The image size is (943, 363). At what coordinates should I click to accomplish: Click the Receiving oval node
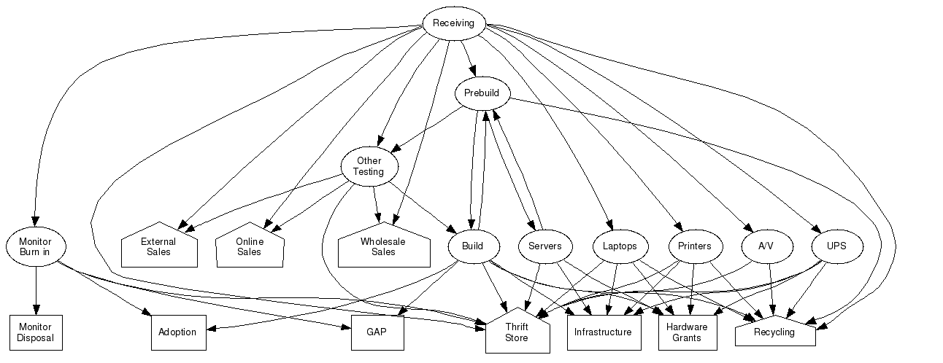(453, 23)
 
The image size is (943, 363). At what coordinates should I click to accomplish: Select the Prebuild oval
(482, 93)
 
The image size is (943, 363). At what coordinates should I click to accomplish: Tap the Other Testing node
(369, 167)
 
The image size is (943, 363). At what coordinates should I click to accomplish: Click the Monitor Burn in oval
(35, 246)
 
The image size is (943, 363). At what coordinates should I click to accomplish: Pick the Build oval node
(472, 246)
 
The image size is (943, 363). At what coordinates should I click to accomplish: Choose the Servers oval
(544, 246)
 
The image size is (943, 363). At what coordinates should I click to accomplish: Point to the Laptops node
(620, 246)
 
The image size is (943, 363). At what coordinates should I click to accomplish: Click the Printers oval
(694, 246)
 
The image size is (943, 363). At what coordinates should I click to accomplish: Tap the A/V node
(765, 246)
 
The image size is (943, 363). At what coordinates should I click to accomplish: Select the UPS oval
(836, 246)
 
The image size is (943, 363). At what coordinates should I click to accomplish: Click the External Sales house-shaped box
(158, 246)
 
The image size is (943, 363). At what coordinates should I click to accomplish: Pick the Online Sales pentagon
(250, 246)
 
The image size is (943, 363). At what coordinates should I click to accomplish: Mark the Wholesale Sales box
(383, 246)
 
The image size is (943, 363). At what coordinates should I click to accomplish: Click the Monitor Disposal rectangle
(35, 332)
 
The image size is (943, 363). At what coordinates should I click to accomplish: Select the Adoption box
(177, 332)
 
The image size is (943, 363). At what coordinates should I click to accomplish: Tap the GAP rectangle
(377, 332)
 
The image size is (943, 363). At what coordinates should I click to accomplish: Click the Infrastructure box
(603, 332)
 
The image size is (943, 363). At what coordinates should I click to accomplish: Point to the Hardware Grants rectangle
(687, 332)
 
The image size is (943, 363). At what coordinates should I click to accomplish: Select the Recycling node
(774, 333)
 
